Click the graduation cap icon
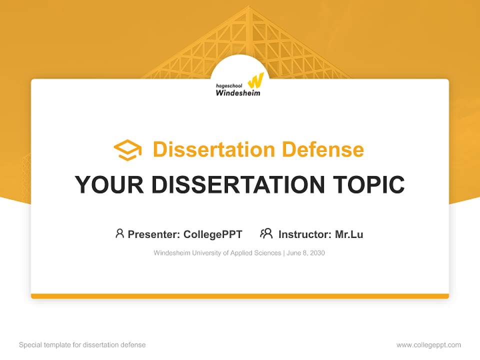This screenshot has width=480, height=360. tap(127, 149)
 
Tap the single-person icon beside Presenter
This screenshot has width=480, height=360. tap(119, 233)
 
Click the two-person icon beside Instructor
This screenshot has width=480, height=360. tap(266, 233)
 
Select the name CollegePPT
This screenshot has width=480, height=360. tap(213, 234)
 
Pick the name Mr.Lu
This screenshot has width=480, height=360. tap(349, 234)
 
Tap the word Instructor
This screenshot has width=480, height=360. tap(304, 234)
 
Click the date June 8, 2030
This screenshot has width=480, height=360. tap(306, 253)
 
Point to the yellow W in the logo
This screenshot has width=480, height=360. tap(255, 80)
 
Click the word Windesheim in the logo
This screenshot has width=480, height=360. tap(238, 92)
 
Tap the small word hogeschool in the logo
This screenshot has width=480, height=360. tap(229, 85)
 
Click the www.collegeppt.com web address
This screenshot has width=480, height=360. tap(428, 345)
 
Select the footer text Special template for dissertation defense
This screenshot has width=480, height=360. tap(82, 345)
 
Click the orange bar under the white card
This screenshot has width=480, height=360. tap(240, 296)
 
